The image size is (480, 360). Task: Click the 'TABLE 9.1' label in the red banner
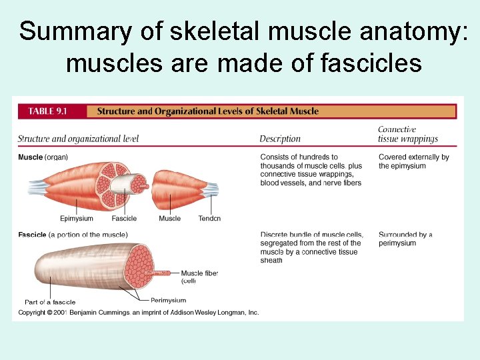47,111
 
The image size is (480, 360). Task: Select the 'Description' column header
280,139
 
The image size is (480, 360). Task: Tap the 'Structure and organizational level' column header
78,139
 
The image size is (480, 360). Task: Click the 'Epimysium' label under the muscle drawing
77,219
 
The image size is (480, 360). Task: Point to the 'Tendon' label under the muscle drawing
209,219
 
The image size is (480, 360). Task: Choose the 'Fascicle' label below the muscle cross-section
124,219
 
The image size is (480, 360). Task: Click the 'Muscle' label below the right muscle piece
169,219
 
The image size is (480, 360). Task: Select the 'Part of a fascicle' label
50,302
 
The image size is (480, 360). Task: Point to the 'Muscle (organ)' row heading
43,157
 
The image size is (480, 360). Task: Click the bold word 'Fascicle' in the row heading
32,235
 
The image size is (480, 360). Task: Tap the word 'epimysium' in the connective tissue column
402,166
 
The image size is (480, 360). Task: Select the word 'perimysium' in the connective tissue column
397,243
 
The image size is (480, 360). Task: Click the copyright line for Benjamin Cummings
138,312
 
